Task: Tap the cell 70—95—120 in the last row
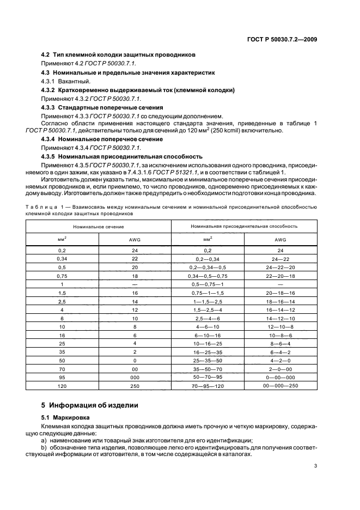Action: click(x=208, y=385)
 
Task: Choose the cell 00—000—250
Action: click(x=280, y=385)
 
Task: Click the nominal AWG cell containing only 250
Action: click(x=134, y=385)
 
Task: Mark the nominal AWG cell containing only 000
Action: click(x=134, y=377)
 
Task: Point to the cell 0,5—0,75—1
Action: click(x=208, y=284)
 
